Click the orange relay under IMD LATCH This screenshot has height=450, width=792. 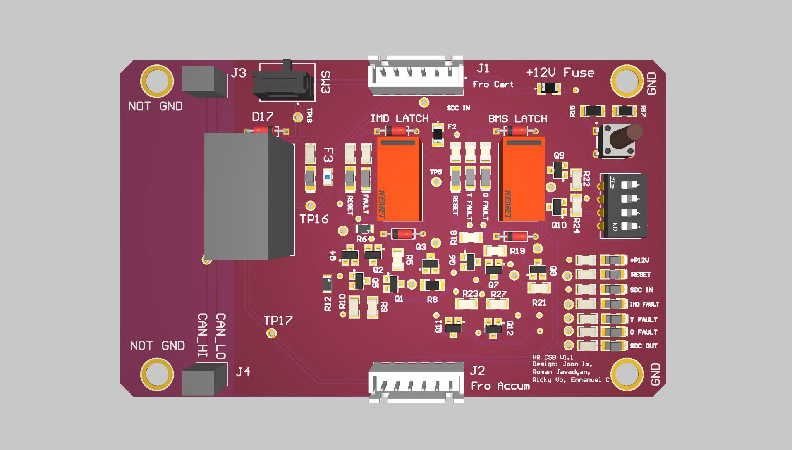point(399,179)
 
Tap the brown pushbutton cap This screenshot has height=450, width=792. point(627,136)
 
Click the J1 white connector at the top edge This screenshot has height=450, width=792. point(416,76)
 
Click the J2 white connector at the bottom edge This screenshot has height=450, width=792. point(416,382)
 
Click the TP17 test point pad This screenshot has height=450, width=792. point(271,333)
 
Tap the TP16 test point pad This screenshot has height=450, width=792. point(310,205)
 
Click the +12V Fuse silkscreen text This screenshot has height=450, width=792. point(560,72)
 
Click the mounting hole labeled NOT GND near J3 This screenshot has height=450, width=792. point(156,81)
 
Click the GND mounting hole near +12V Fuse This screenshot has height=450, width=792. point(626,81)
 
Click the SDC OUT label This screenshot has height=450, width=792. point(643,346)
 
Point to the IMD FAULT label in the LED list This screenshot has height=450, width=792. point(644,304)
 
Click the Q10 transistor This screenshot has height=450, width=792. point(557,207)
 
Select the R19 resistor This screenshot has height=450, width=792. point(495,251)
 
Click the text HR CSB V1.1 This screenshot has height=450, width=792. point(552,357)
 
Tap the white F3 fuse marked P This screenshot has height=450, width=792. point(328,177)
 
